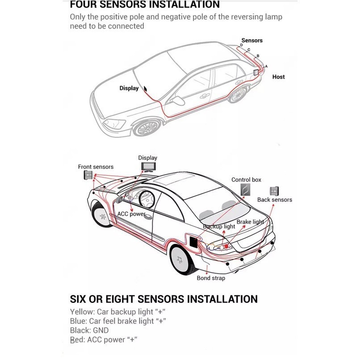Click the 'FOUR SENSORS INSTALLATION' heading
coord(145,5)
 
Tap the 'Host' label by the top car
coord(278,77)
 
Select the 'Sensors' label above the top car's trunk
coord(252,41)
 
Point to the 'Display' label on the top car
coord(129,88)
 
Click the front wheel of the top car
coord(147,128)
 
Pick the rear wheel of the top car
coord(239,95)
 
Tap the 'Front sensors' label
coord(96,167)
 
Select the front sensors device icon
coord(87,175)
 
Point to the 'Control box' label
coord(246,180)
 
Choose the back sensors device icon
coord(274,191)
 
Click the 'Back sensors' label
coord(274,200)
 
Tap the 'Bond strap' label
coord(211,278)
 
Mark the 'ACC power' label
coord(131,214)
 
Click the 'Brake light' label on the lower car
coord(250,222)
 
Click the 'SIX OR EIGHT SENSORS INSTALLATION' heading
coord(164,299)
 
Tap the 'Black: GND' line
coord(89,331)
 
